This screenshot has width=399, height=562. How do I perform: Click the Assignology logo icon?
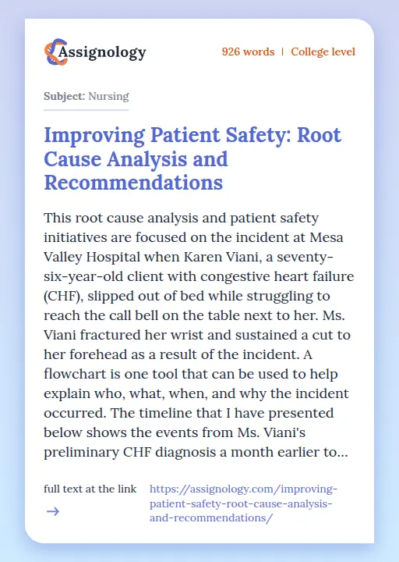tap(55, 52)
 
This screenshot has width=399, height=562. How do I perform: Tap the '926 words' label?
tap(248, 52)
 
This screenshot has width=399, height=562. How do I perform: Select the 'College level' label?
tap(323, 52)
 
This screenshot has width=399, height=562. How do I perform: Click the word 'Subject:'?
tap(64, 97)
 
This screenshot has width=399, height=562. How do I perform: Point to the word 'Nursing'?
tap(108, 97)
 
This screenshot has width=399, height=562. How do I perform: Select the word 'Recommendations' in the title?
tap(133, 183)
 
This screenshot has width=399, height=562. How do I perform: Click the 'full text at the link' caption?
tap(90, 489)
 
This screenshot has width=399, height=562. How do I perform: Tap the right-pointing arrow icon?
tap(52, 512)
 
